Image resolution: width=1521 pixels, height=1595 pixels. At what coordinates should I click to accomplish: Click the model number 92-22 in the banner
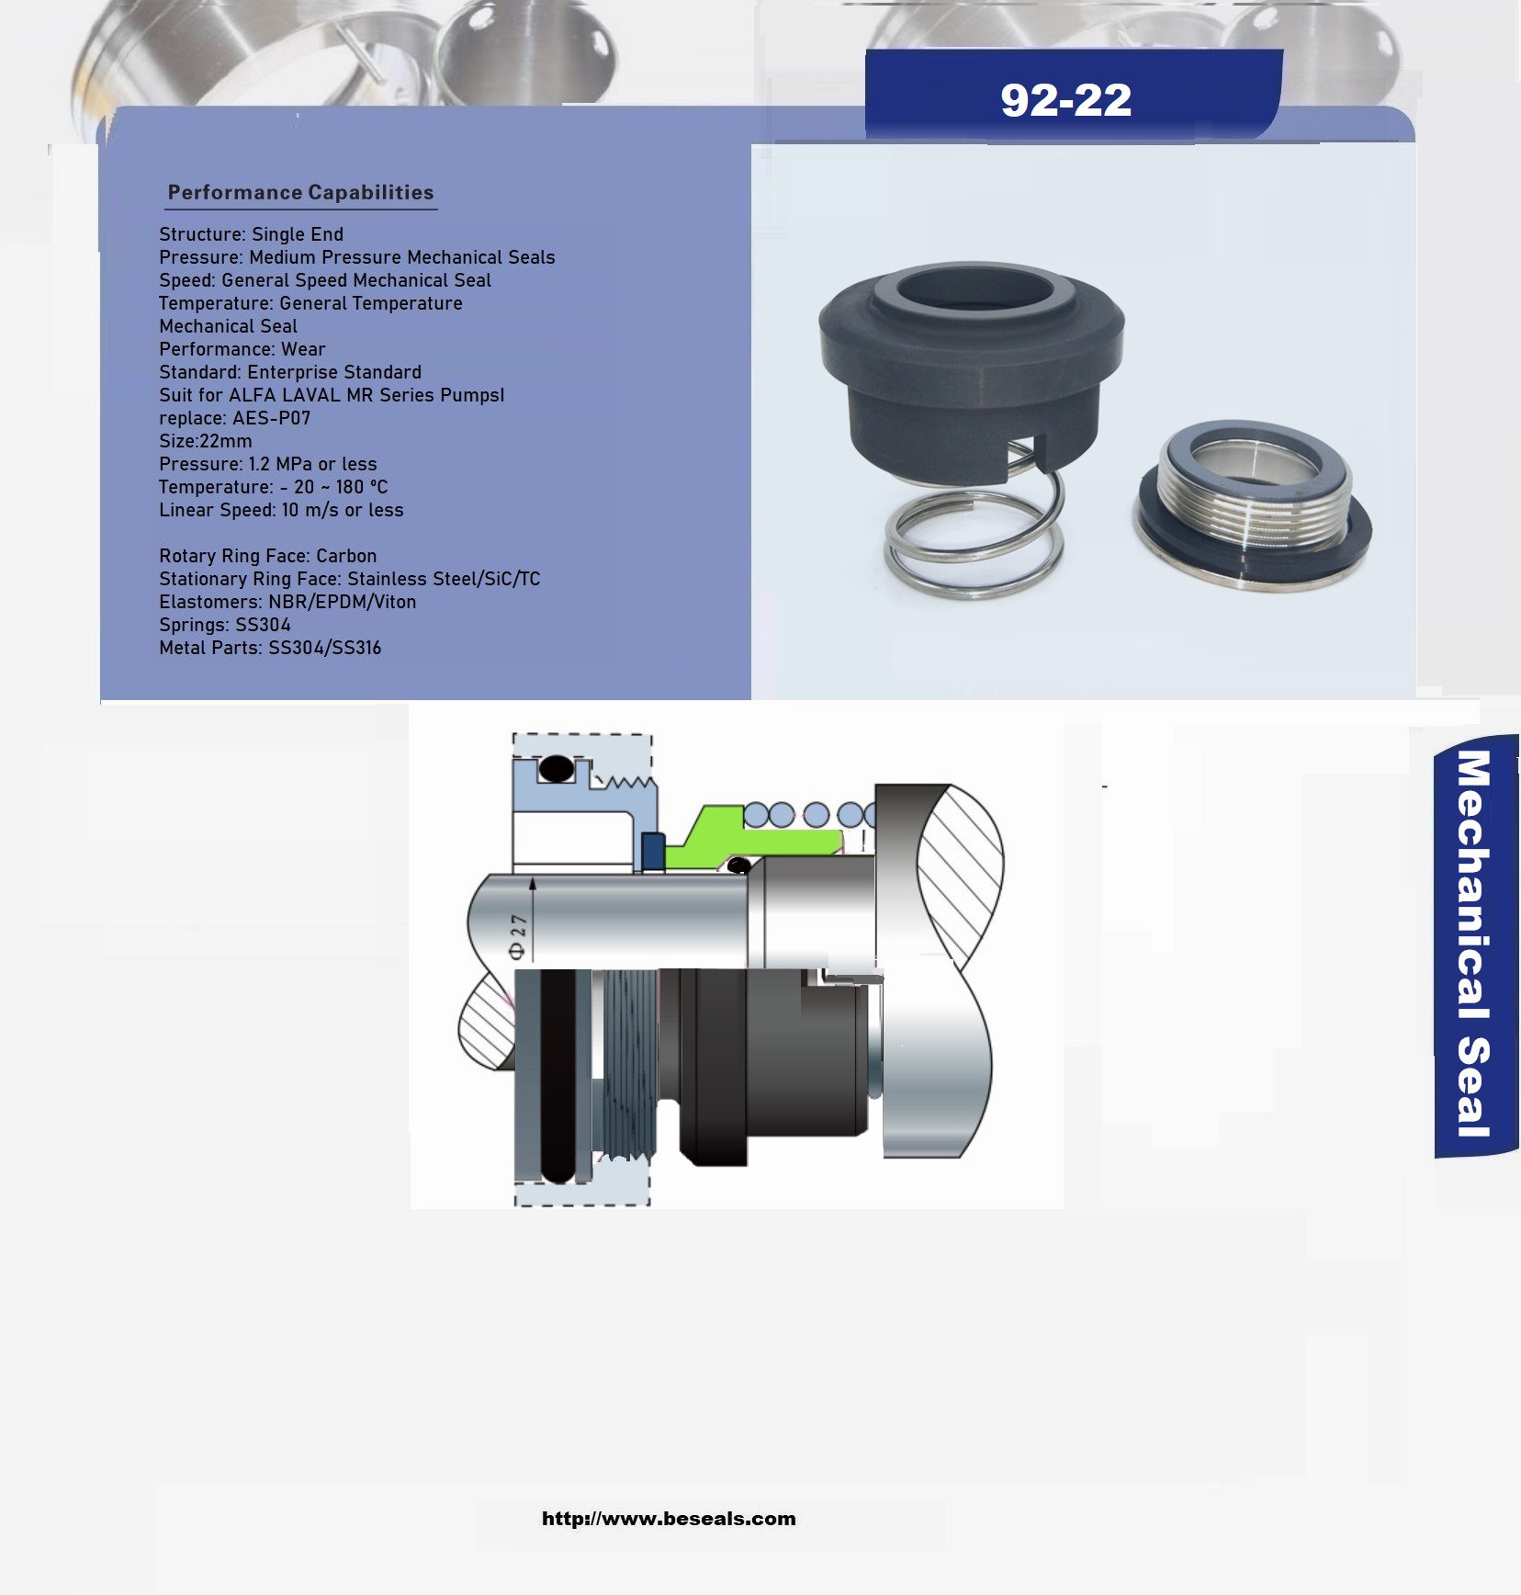pos(1065,99)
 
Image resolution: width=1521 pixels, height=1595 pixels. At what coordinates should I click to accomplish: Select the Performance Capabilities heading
pos(300,192)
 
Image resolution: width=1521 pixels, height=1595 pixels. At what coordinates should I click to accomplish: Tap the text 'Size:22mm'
pos(205,441)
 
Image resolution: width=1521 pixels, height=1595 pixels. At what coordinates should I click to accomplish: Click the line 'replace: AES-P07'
pos(234,418)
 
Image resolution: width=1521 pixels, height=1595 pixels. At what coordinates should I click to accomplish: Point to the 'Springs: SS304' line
pos(224,625)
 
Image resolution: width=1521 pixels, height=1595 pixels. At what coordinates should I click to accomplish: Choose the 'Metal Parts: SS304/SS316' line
pos(269,648)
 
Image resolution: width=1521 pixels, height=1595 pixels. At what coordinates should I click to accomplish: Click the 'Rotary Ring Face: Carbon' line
pos(267,556)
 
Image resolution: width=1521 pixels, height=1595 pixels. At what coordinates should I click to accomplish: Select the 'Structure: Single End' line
pos(251,234)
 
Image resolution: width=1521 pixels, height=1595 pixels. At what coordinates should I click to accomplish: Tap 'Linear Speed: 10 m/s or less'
pos(281,510)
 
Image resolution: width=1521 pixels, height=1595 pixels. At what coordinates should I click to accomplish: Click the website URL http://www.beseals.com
pos(669,1519)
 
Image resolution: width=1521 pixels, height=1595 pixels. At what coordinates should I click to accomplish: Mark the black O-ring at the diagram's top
pos(555,768)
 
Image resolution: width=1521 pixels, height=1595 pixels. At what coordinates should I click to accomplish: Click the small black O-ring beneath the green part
pos(738,865)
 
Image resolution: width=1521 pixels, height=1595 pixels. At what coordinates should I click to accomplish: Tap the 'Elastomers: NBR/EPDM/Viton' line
pos(287,602)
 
